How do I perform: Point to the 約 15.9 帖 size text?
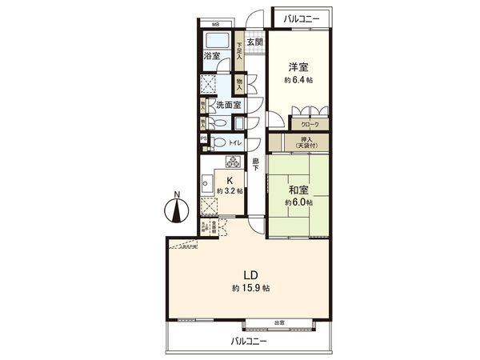pos(250,287)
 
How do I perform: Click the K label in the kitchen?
pos(230,181)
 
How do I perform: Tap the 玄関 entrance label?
pos(254,42)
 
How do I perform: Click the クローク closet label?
pos(310,125)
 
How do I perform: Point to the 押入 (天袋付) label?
pos(307,142)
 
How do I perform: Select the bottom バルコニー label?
pos(250,341)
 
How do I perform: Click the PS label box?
pos(203,138)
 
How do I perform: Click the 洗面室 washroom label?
pos(228,105)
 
